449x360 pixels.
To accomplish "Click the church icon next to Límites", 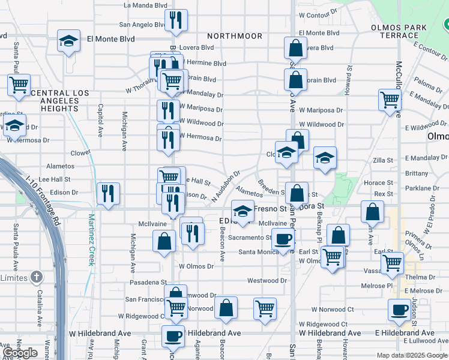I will click(37, 277).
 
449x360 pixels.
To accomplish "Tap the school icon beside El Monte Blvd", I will click(69, 41).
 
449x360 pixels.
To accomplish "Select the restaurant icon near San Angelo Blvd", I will click(176, 20).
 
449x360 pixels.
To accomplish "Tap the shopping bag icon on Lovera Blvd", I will click(296, 48).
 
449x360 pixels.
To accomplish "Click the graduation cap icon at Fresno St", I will click(243, 211).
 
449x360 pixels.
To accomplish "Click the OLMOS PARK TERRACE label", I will click(399, 31).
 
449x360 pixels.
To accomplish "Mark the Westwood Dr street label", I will click(267, 280).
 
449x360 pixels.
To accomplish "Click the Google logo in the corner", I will click(20, 353).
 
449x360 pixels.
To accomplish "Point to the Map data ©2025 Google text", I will click(412, 355).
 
